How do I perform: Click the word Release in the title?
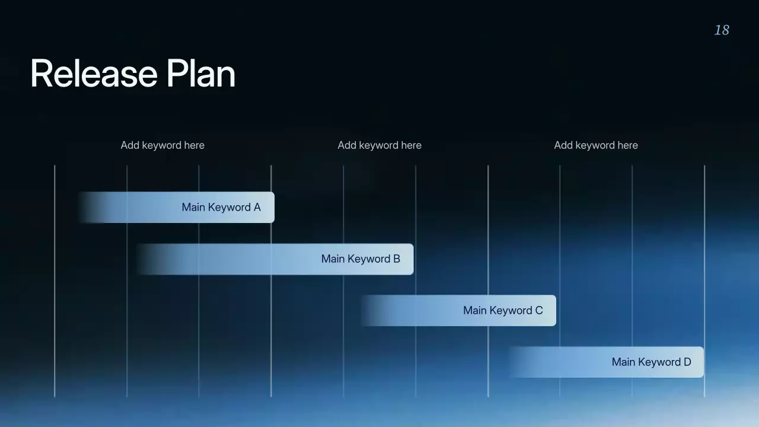click(93, 74)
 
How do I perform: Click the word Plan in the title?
click(200, 74)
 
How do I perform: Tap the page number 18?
click(722, 30)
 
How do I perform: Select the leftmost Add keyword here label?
click(162, 145)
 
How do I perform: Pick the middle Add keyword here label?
click(379, 145)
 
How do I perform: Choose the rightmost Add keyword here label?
click(596, 145)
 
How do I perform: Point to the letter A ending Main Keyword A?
click(257, 208)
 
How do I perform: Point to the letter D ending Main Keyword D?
click(687, 362)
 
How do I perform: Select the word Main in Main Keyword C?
click(474, 311)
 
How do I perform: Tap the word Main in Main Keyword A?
click(193, 208)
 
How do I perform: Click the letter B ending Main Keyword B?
click(397, 259)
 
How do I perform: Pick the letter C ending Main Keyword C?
click(539, 311)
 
